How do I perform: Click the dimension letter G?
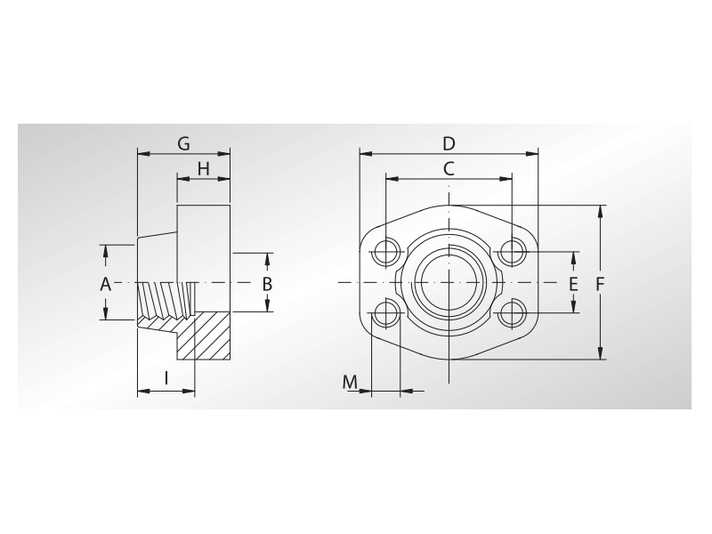183,143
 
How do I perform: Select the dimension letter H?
203,168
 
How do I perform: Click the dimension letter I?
166,378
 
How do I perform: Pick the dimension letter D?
449,143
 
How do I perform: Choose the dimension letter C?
449,167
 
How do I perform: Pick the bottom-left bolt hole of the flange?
386,313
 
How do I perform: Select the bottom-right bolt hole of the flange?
512,313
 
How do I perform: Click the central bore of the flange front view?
449,283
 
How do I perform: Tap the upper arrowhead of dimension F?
603,211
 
